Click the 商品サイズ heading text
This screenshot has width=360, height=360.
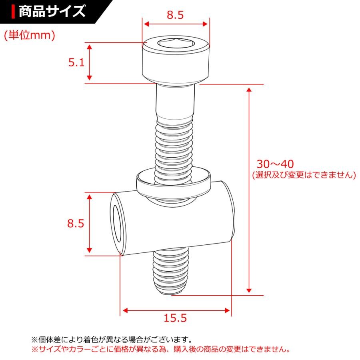pyautogui.click(x=52, y=11)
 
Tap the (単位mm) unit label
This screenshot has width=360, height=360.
pyautogui.click(x=29, y=35)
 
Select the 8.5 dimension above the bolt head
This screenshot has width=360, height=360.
pyautogui.click(x=175, y=15)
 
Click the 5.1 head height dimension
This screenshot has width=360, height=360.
pyautogui.click(x=76, y=62)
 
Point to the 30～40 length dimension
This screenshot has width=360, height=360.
pyautogui.click(x=275, y=164)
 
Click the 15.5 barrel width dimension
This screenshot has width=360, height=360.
pyautogui.click(x=175, y=318)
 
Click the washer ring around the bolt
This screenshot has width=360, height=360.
pyautogui.click(x=174, y=182)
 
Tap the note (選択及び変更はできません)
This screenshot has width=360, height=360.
pyautogui.click(x=304, y=175)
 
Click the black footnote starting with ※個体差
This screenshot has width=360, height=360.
pyautogui.click(x=112, y=340)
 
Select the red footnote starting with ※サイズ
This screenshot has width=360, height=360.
pyautogui.click(x=160, y=349)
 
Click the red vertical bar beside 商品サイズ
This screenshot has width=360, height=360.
pyautogui.click(x=14, y=11)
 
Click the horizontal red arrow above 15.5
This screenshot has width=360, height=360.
pyautogui.click(x=176, y=310)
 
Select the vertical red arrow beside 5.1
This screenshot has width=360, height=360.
pyautogui.click(x=90, y=62)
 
